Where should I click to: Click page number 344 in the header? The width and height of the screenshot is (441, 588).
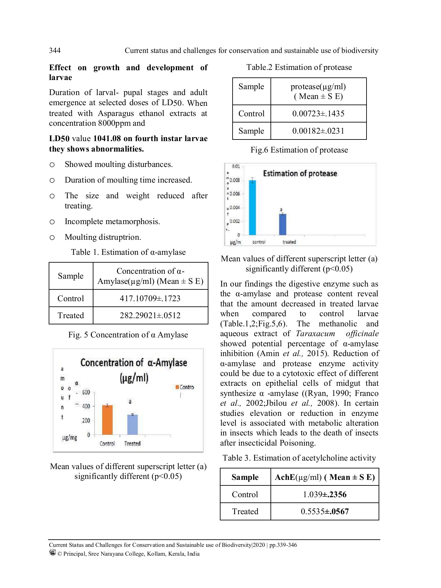(x=55, y=50)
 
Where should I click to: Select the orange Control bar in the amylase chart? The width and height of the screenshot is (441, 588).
(x=107, y=420)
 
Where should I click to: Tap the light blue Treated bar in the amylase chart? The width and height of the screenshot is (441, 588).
(x=132, y=425)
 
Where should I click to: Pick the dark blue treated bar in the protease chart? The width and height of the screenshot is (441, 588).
(x=283, y=224)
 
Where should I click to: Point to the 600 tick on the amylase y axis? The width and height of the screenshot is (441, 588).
(x=86, y=392)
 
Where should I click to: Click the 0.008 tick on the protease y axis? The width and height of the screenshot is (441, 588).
(x=235, y=180)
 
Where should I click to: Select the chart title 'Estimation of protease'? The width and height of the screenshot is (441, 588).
(x=300, y=173)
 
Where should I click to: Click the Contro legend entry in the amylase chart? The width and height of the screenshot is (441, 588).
(x=185, y=387)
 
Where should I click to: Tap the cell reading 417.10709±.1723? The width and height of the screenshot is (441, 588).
(x=150, y=298)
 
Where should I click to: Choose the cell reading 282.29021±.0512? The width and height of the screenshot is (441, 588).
(x=150, y=316)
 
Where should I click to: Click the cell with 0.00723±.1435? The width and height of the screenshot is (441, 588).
(x=318, y=114)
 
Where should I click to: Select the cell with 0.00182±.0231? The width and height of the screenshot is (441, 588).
(x=318, y=131)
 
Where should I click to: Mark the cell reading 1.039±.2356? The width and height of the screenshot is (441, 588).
(x=325, y=494)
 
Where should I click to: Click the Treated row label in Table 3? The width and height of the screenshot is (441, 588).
(x=245, y=512)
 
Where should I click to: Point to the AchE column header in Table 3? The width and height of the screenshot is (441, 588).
(x=325, y=477)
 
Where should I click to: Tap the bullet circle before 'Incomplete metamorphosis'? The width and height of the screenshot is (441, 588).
(x=52, y=222)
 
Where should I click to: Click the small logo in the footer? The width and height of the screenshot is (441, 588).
(x=52, y=552)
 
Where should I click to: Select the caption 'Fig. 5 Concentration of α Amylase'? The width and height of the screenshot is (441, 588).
(x=128, y=335)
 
